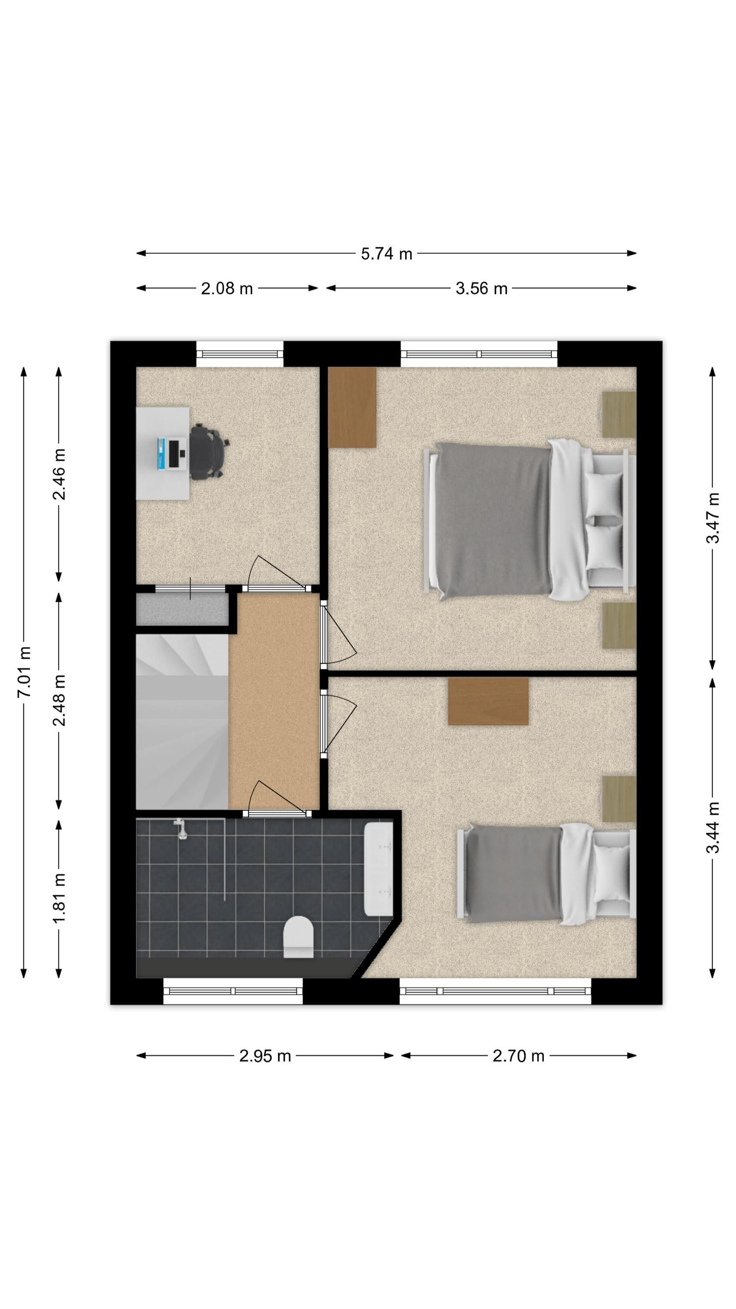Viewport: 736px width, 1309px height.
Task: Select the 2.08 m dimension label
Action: pos(227,288)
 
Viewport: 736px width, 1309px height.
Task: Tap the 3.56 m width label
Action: pos(481,288)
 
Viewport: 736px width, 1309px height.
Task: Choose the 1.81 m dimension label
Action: pos(59,898)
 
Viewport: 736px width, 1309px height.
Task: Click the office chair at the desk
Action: pos(209,452)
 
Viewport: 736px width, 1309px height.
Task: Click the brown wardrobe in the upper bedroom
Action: pos(352,407)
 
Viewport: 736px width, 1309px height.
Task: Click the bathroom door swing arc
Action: pos(278,797)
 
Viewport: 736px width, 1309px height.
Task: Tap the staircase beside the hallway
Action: pos(182,722)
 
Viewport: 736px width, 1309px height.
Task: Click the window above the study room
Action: pos(240,354)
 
